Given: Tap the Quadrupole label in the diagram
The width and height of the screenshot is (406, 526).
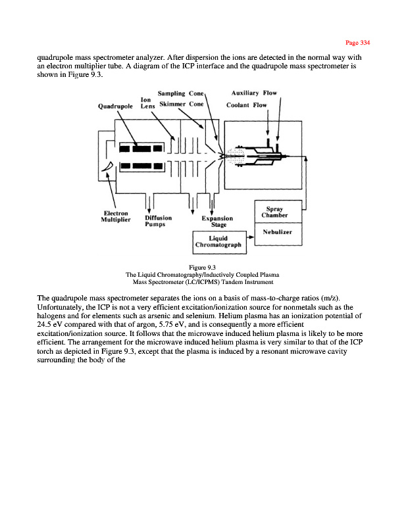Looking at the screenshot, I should (x=116, y=105).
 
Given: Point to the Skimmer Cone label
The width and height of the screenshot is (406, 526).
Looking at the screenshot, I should (x=182, y=105).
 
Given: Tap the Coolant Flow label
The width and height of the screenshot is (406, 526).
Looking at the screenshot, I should (x=247, y=105).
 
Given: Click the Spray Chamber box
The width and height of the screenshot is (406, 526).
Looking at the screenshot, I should (x=277, y=212).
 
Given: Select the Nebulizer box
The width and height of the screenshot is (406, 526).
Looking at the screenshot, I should (x=277, y=233).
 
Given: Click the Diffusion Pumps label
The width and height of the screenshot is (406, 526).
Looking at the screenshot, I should (x=158, y=220).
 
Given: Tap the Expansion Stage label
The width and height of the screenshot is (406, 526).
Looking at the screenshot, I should (x=217, y=222).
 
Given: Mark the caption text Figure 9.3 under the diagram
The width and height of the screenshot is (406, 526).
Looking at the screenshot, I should (x=203, y=267).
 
